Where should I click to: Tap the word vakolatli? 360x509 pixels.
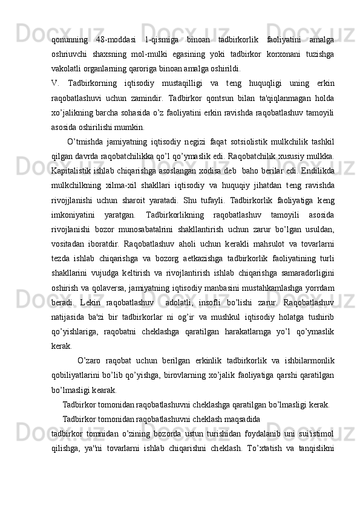[66, 68]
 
